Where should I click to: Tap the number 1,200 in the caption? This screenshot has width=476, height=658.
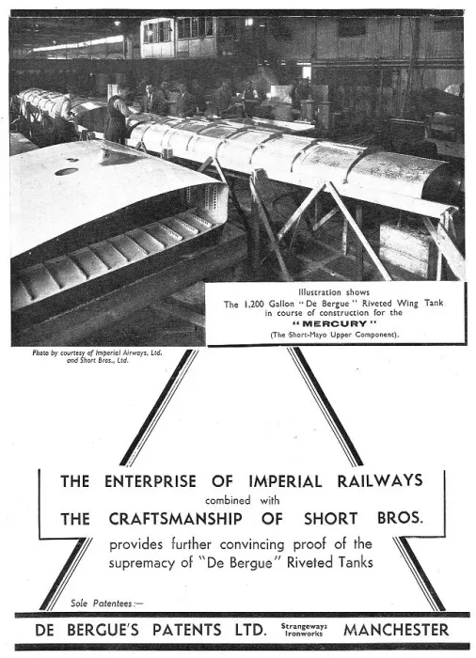(254, 304)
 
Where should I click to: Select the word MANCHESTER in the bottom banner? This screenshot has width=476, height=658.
(396, 630)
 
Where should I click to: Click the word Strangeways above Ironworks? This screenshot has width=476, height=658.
(304, 626)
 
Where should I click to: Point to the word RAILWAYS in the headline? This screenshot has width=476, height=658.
(380, 480)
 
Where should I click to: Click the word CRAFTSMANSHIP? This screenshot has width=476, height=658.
(176, 519)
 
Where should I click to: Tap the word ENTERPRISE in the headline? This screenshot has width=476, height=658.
(151, 481)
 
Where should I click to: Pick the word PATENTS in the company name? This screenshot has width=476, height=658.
(186, 630)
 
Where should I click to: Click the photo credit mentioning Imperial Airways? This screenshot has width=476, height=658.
(97, 356)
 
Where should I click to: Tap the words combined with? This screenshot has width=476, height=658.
(242, 500)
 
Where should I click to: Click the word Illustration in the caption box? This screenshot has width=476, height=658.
(319, 292)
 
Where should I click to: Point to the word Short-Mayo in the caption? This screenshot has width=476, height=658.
(309, 335)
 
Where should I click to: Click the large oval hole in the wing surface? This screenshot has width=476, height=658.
(67, 172)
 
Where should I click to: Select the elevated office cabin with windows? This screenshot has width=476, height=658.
(178, 37)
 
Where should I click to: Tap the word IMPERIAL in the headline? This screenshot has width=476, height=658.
(285, 480)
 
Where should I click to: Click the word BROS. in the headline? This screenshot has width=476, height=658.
(400, 518)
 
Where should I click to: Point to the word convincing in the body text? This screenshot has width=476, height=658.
(252, 544)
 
